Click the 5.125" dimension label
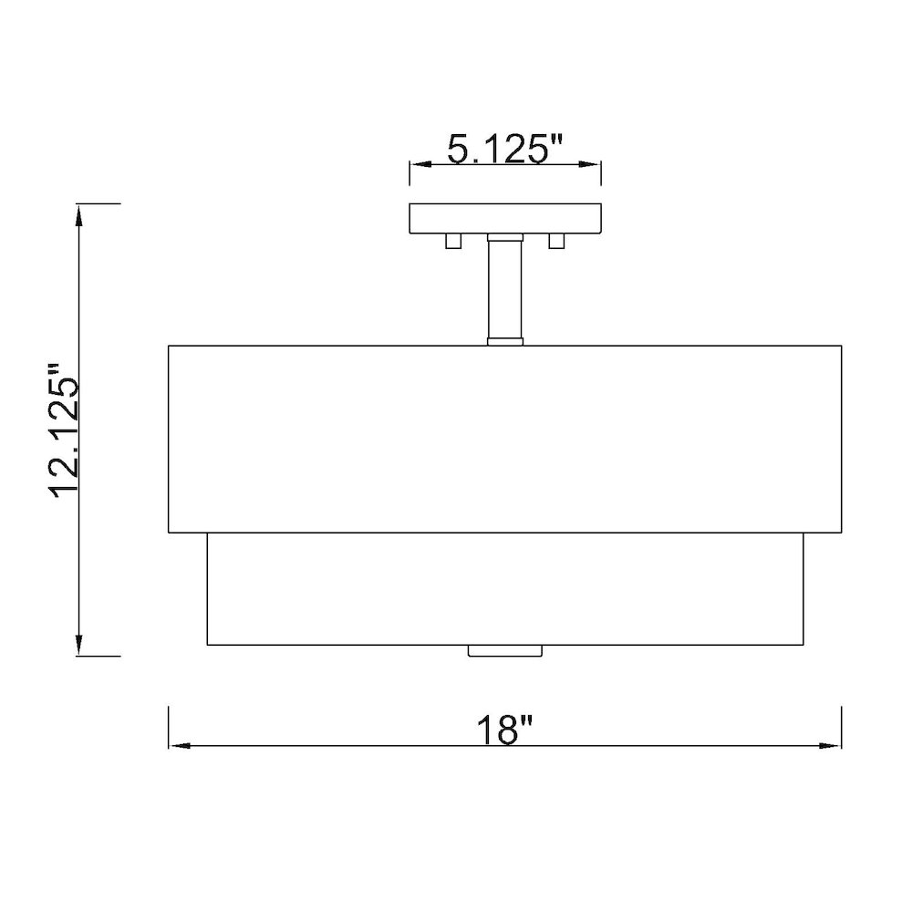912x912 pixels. (x=505, y=149)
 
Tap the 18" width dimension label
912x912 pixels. (x=504, y=730)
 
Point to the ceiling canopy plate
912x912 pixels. (x=505, y=218)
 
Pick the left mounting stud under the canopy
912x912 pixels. (x=453, y=242)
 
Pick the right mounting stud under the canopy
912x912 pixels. (x=556, y=242)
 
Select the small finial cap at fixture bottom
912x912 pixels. (x=505, y=651)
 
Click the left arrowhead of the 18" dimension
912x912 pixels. (x=179, y=746)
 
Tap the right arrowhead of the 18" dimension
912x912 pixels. (x=831, y=746)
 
